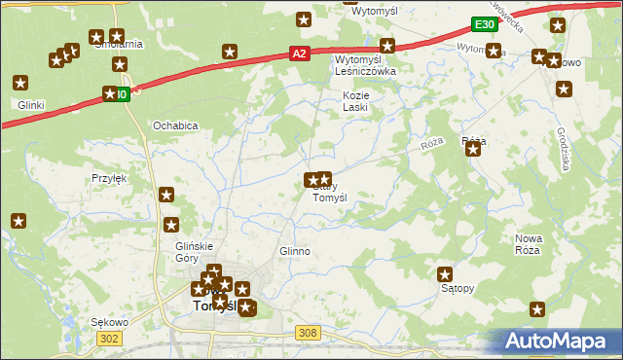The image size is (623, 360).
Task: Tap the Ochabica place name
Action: (x=175, y=126)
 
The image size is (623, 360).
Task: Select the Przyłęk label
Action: (x=109, y=178)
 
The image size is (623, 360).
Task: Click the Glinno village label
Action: (x=294, y=251)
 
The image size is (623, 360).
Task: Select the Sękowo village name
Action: (x=110, y=321)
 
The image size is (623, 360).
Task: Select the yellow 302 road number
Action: (x=109, y=337)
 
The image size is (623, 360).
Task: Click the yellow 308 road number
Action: (x=308, y=333)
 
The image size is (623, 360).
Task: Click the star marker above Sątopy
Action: (x=446, y=274)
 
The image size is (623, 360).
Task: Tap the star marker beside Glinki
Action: (x=19, y=85)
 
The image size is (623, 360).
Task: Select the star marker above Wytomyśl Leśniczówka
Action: (x=387, y=45)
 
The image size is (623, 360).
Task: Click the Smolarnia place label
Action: (x=118, y=44)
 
